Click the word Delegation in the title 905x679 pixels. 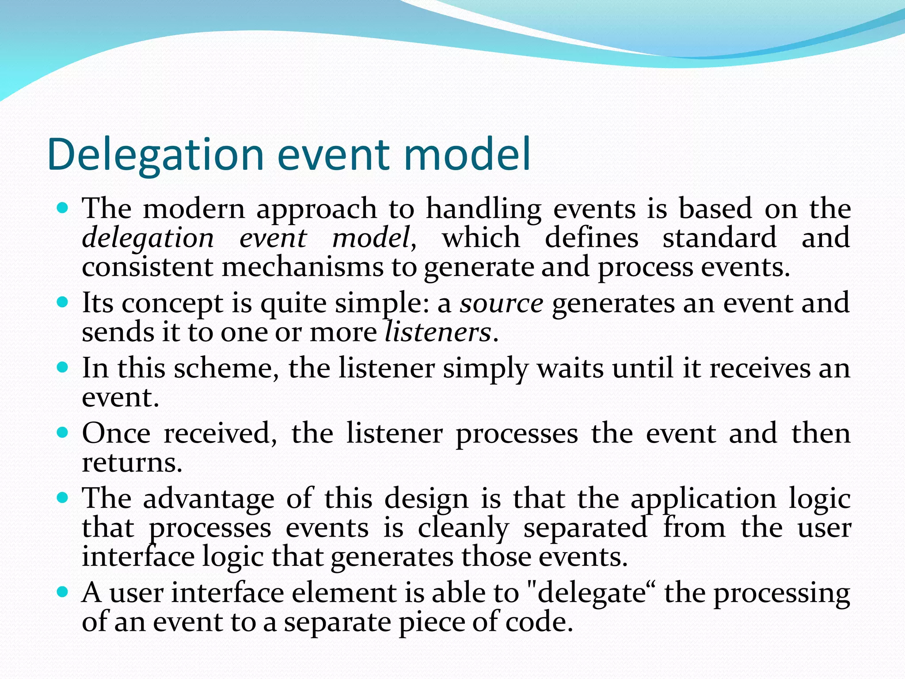tap(155, 155)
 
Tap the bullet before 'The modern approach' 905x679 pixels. tap(63, 207)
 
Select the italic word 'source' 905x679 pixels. tap(501, 304)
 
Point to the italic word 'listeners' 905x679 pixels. tap(437, 332)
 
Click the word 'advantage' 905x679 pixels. tap(209, 499)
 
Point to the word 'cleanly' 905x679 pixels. tap(463, 528)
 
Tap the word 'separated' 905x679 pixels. tap(585, 528)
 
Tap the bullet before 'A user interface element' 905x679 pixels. tap(63, 592)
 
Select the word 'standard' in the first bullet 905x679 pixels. tap(719, 238)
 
